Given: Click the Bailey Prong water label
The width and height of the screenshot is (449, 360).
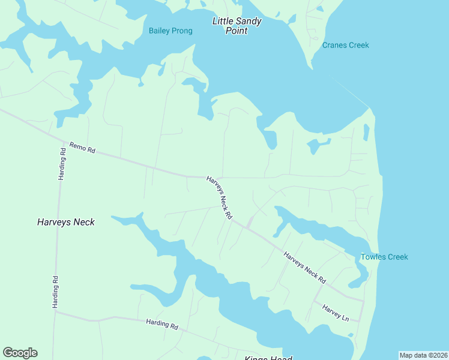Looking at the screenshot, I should [x=170, y=31].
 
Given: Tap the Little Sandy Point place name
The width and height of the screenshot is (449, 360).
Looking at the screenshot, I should [x=237, y=26].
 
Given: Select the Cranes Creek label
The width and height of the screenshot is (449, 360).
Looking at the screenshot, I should [x=345, y=45].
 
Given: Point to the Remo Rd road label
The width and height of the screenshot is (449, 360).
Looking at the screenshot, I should [x=82, y=147].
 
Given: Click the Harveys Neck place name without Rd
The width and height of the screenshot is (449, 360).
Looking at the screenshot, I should [x=66, y=222].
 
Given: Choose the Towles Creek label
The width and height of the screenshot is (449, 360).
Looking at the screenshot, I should [x=384, y=257].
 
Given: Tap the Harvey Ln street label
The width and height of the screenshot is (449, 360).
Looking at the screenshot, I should [x=336, y=312].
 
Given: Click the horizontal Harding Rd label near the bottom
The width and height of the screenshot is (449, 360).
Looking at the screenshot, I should [x=162, y=325].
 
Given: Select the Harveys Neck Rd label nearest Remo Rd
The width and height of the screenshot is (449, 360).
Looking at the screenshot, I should [x=219, y=197].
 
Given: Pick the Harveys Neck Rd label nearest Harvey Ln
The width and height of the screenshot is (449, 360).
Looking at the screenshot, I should [x=304, y=268].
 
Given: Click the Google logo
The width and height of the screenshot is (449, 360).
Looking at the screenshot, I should [x=20, y=353].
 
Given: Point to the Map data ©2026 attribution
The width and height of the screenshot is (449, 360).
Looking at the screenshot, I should [x=423, y=355].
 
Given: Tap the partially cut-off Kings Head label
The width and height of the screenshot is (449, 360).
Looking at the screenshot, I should [x=268, y=358].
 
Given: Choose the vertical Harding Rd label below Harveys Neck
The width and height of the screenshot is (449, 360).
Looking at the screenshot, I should [x=55, y=292].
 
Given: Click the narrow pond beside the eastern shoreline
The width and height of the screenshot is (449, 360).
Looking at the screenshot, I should [x=366, y=132].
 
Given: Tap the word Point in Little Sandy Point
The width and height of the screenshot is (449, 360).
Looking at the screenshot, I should [x=237, y=31].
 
